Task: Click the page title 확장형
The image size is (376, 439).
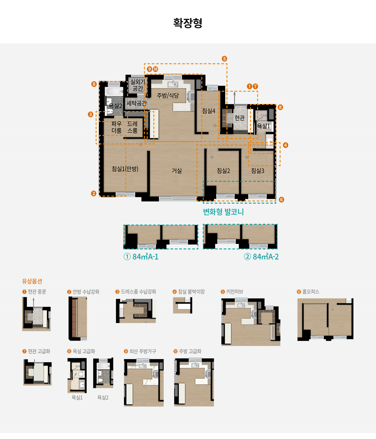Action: coord(188,23)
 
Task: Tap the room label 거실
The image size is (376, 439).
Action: coord(177,171)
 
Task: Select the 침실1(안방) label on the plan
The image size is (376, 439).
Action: coord(125,169)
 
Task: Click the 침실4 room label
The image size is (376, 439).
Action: coord(208,111)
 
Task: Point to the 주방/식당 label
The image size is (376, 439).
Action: coord(168,96)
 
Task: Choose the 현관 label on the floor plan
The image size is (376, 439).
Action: coord(240,118)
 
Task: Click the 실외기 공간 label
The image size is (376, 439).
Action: coord(138,85)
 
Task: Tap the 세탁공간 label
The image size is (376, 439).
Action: coord(137,103)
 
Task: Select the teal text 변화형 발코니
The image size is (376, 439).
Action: coord(223,212)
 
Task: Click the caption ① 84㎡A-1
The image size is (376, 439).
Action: coord(141,257)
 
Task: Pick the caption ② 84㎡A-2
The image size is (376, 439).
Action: coord(261,257)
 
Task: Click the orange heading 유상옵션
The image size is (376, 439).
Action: coord(32,281)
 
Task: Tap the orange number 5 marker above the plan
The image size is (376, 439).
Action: coord(224,59)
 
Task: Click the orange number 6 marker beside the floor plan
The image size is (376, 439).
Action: coord(281,200)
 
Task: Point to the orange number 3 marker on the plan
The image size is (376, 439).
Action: coord(91,114)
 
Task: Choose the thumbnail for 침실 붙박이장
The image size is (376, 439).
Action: coord(182,305)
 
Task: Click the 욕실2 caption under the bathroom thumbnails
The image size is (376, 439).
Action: coord(103,398)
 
